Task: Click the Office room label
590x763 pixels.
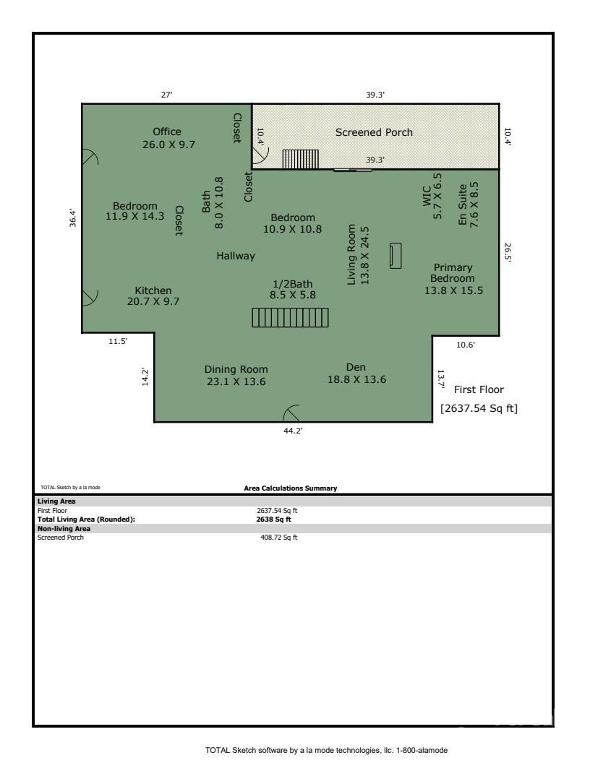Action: coord(167,132)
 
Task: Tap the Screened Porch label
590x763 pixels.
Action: coord(374,132)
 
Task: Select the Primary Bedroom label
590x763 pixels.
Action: coord(453,273)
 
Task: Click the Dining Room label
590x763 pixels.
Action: coord(236,369)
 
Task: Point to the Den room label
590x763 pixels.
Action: coord(356,367)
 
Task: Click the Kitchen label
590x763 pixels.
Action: coord(153,290)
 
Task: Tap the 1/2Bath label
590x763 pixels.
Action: coord(292,283)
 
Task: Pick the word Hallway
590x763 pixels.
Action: coord(236,256)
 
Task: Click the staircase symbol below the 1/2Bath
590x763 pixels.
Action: coord(290,317)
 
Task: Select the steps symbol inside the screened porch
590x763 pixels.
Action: coord(300,159)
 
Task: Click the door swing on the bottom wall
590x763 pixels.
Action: coord(291,413)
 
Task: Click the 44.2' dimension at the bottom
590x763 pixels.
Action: coord(292,431)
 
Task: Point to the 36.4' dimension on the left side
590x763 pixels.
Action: coord(72,217)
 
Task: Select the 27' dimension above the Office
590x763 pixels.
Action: coord(166,95)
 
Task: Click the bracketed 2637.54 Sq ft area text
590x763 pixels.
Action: coord(479,409)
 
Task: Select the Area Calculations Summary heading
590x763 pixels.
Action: coord(291,488)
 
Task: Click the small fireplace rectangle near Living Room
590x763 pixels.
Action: coord(396,256)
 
